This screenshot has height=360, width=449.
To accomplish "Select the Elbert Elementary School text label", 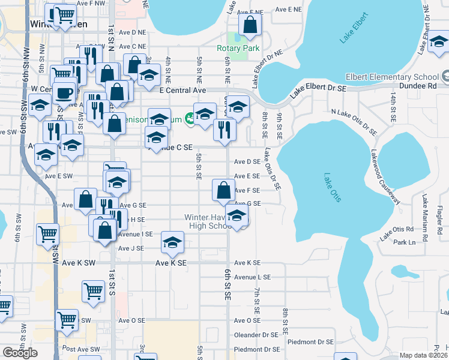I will [x=392, y=77].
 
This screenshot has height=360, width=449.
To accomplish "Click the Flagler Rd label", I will [x=440, y=218].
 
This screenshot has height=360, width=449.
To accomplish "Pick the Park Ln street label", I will [x=404, y=242].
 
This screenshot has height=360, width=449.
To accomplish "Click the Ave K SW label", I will [x=79, y=263].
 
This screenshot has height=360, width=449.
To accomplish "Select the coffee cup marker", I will [x=64, y=93].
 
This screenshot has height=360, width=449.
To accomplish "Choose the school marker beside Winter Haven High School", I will [x=238, y=217].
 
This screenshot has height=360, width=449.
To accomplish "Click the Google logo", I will [x=20, y=353].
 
